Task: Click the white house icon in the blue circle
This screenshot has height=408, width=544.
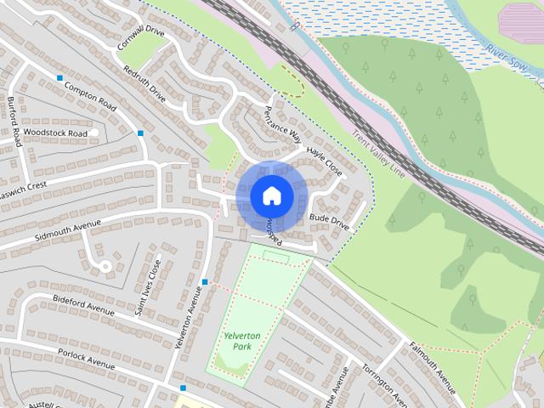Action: pyautogui.click(x=271, y=195)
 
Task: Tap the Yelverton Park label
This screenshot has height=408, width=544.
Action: pyautogui.click(x=241, y=342)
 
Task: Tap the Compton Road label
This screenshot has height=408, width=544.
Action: pyautogui.click(x=89, y=100)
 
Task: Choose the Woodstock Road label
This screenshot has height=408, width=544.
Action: pyautogui.click(x=55, y=133)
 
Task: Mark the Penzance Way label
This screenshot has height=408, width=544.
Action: pyautogui.click(x=282, y=124)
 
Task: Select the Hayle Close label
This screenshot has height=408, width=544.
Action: pyautogui.click(x=325, y=161)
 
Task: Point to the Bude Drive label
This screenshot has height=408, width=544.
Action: pyautogui.click(x=330, y=222)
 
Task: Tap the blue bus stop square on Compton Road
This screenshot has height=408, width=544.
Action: pyautogui.click(x=59, y=78)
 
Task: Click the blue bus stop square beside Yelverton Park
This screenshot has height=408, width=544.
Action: pyautogui.click(x=205, y=281)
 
